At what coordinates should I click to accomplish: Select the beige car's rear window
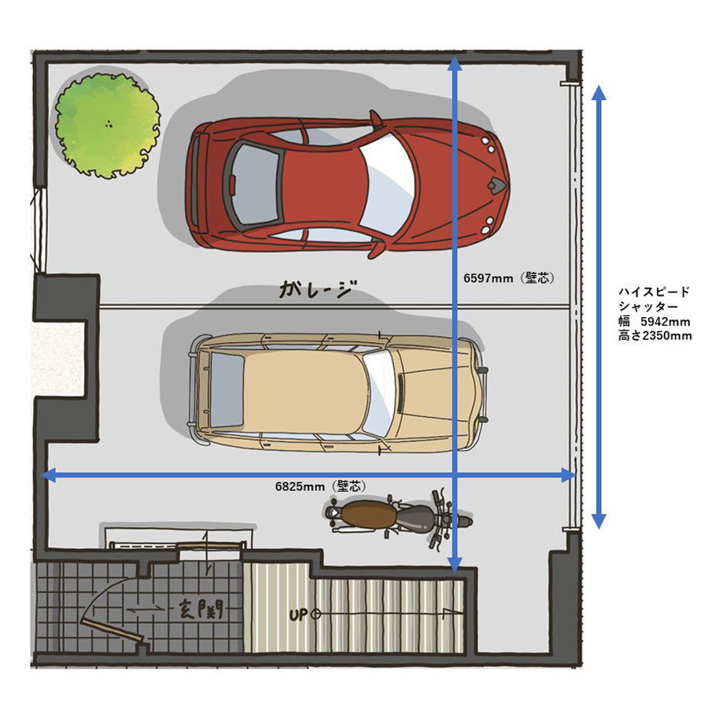point(227,389)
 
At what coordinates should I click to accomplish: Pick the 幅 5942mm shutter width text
point(655,322)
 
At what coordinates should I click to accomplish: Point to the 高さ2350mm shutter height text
point(655,335)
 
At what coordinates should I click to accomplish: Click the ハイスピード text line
point(655,292)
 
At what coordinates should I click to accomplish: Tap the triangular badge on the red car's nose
point(496,183)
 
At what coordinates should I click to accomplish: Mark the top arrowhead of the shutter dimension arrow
point(599,93)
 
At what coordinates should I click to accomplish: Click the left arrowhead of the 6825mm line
point(48,474)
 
